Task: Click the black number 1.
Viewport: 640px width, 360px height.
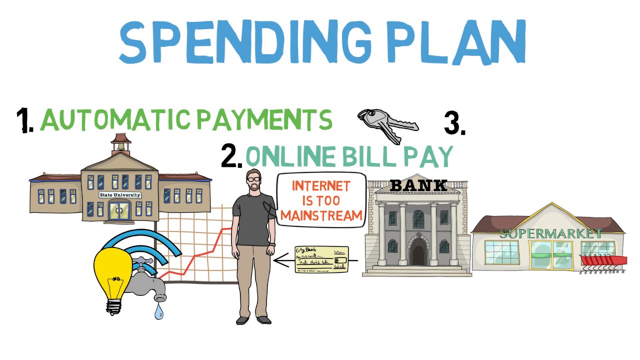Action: (24, 120)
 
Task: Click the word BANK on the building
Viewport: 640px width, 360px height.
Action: (418, 185)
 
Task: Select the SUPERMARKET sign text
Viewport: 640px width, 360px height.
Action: (550, 233)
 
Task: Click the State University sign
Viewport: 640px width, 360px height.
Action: (120, 195)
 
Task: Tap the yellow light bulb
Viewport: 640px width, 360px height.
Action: (113, 275)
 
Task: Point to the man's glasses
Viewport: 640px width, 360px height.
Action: (253, 178)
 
